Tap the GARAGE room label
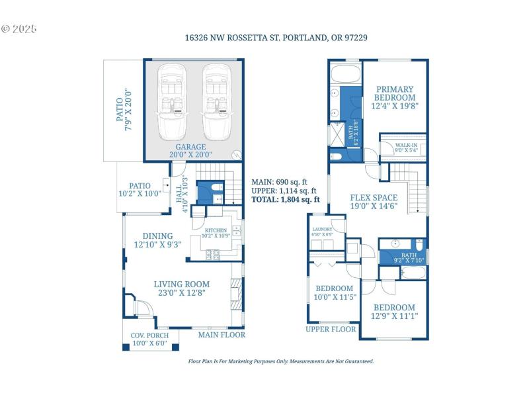[x=190, y=151]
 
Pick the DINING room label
[x=157, y=240]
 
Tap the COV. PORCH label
[x=149, y=339]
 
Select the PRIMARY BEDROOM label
[x=395, y=97]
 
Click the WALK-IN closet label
[x=406, y=148]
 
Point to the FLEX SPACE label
[x=374, y=202]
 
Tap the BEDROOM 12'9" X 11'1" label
[x=395, y=312]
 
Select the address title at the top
[x=276, y=38]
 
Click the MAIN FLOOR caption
[x=222, y=335]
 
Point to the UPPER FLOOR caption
[x=331, y=329]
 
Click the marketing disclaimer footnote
[x=281, y=361]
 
